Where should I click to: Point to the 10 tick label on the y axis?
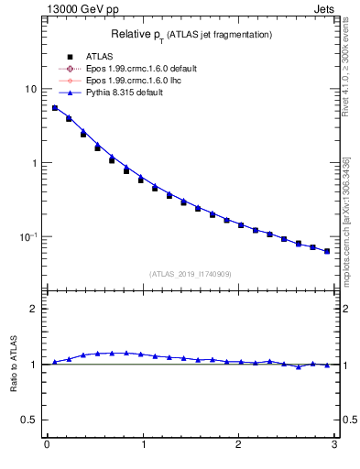(x=30, y=90)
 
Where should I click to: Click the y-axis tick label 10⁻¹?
(x=28, y=236)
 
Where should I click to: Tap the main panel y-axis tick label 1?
(x=34, y=163)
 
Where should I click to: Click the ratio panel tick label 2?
(x=34, y=309)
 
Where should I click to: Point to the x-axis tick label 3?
(x=334, y=446)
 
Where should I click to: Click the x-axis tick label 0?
(x=46, y=446)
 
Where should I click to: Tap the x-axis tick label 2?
(x=238, y=446)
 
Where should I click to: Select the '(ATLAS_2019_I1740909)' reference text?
(x=191, y=273)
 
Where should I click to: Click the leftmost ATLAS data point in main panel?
(x=55, y=108)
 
